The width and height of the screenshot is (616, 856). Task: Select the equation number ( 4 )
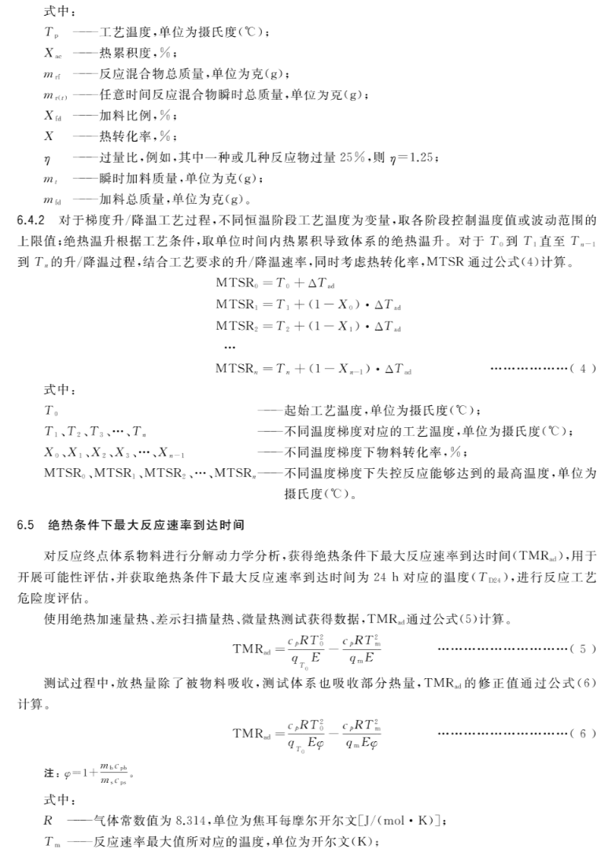pyautogui.click(x=579, y=368)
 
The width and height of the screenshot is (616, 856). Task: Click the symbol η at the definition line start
pyautogui.click(x=47, y=159)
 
